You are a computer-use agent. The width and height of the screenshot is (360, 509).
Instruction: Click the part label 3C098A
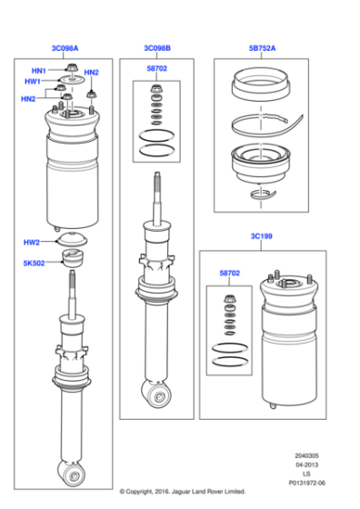click(65, 47)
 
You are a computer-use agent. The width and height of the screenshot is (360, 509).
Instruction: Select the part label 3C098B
click(156, 47)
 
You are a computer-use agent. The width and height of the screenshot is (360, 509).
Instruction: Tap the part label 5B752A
click(264, 47)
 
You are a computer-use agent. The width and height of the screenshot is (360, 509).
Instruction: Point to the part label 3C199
click(263, 236)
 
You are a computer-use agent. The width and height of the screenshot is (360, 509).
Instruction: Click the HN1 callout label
click(38, 71)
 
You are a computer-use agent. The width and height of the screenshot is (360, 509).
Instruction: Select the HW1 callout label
click(32, 81)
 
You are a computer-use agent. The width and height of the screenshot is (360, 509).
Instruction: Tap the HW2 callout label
click(32, 243)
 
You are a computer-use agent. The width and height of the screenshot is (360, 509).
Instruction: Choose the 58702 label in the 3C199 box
click(230, 273)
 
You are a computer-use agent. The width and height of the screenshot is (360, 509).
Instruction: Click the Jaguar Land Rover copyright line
click(180, 491)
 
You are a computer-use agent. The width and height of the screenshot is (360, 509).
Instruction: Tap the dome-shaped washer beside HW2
click(71, 242)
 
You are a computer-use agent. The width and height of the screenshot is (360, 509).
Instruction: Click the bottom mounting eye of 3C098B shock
click(158, 394)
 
